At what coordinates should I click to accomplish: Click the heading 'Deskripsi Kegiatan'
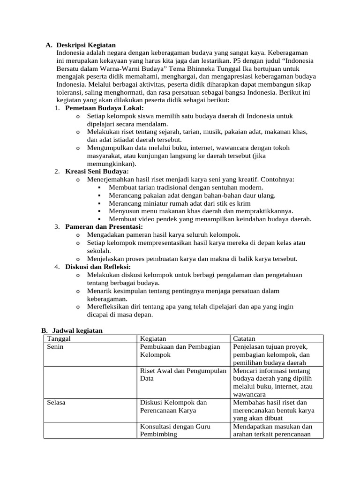click(86, 45)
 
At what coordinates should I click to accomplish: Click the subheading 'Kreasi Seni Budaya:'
click(97, 172)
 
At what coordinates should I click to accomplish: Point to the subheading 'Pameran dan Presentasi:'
click(104, 226)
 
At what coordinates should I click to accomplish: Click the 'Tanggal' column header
click(59, 339)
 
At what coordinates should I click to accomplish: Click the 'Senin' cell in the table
click(56, 347)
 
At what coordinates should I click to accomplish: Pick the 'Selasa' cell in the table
click(57, 402)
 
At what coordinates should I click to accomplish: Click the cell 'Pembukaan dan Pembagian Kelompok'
click(180, 351)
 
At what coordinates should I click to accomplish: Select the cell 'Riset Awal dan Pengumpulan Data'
click(183, 374)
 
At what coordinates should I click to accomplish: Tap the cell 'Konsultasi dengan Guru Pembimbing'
click(175, 430)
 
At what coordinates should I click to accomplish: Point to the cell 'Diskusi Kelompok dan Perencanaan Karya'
click(173, 406)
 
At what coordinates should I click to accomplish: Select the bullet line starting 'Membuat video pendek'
click(210, 219)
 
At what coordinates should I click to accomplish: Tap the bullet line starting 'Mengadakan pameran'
click(164, 234)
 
